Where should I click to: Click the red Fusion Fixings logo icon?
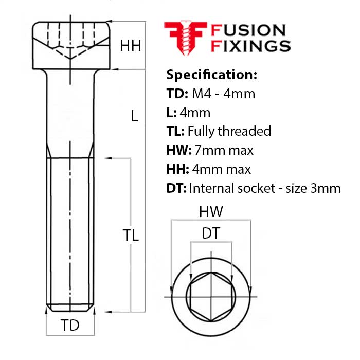pos(186,38)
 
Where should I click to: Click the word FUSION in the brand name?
pos(248,30)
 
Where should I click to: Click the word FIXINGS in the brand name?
pos(250,46)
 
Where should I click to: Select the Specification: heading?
pos(211,75)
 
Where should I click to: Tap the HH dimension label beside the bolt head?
pos(130,46)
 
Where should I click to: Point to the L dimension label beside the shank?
pos(134,116)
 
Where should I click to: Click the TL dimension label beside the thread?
pos(131,236)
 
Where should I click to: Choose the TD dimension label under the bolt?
pos(70,325)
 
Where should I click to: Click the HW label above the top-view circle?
pos(211,212)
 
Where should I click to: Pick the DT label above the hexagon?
pos(211,233)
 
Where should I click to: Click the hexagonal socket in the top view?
pos(211,298)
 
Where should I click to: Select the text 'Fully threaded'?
pos(229,131)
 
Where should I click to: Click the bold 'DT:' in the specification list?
pos(176,188)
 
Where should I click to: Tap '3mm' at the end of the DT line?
pos(327,188)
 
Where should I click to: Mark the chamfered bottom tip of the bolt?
pos(70,308)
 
